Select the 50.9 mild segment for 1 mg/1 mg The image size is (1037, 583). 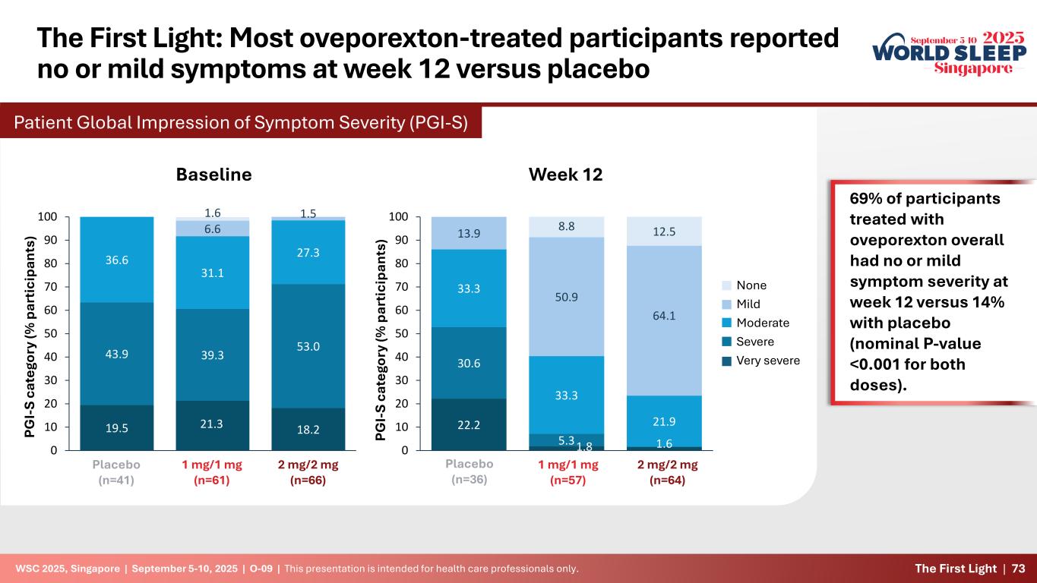pyautogui.click(x=566, y=297)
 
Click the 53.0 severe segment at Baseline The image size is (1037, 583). pyautogui.click(x=308, y=346)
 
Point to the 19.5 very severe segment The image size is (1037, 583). pyautogui.click(x=116, y=427)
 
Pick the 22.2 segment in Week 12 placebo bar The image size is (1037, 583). pyautogui.click(x=468, y=424)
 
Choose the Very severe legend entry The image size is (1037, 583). pyautogui.click(x=768, y=360)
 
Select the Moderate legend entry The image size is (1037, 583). pyautogui.click(x=763, y=323)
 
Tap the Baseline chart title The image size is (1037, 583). pyautogui.click(x=213, y=175)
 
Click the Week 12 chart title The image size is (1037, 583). pyautogui.click(x=565, y=175)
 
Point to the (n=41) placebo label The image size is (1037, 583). pyautogui.click(x=116, y=480)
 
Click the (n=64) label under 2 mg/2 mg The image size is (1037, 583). pyautogui.click(x=664, y=480)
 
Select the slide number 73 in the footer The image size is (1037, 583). pyautogui.click(x=1018, y=569)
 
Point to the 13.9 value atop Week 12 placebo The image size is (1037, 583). pyautogui.click(x=468, y=233)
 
